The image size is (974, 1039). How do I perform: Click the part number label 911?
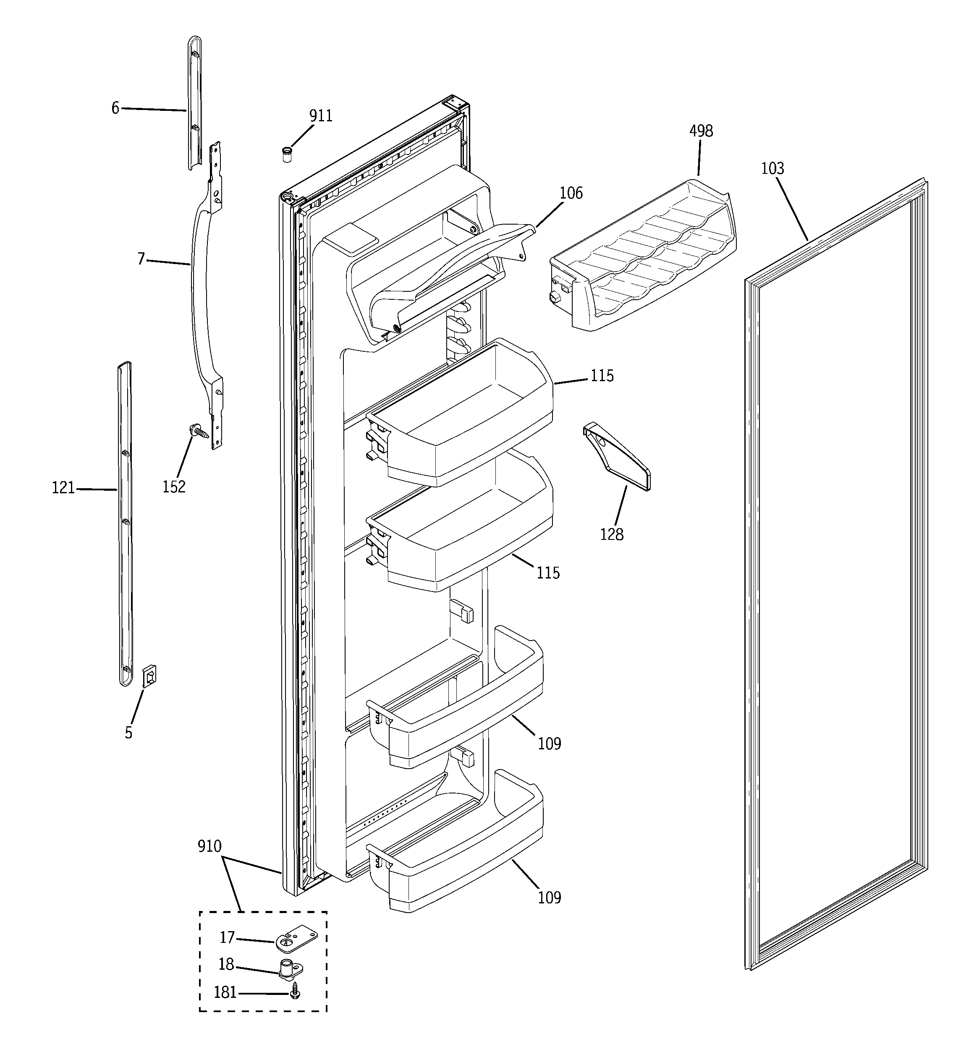pyautogui.click(x=320, y=116)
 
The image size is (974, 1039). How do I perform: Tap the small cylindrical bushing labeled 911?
pyautogui.click(x=286, y=155)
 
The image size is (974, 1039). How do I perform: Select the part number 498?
pyautogui.click(x=701, y=131)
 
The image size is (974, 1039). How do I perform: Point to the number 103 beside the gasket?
pyautogui.click(x=772, y=169)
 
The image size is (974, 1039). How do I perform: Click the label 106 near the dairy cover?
pyautogui.click(x=571, y=194)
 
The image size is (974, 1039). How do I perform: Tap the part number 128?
pyautogui.click(x=612, y=535)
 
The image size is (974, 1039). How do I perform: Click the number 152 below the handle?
pyautogui.click(x=173, y=487)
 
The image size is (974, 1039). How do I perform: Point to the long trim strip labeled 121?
pyautogui.click(x=124, y=523)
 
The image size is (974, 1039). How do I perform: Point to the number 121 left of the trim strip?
pyautogui.click(x=63, y=488)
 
